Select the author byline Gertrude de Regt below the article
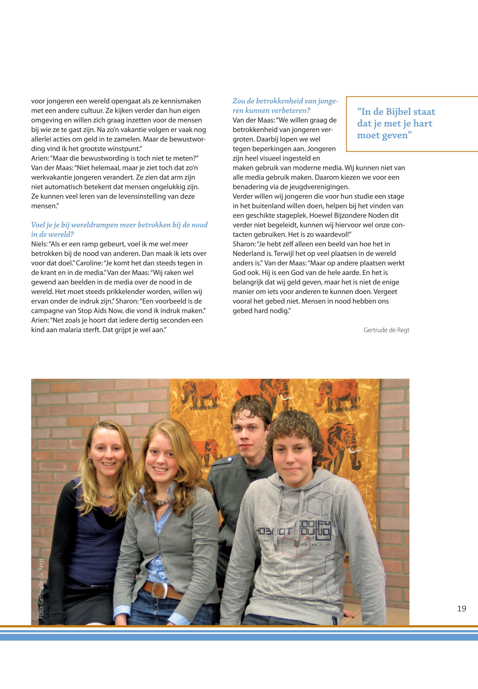(386, 330)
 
